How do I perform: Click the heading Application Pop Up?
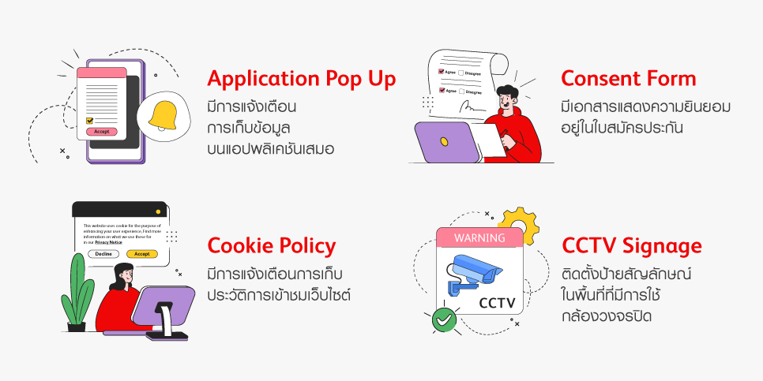pyautogui.click(x=301, y=79)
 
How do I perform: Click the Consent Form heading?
pyautogui.click(x=629, y=79)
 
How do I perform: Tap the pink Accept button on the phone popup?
pyautogui.click(x=101, y=132)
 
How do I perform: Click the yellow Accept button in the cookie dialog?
pyautogui.click(x=142, y=254)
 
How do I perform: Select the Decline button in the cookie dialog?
pyautogui.click(x=103, y=254)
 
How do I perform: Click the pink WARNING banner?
pyautogui.click(x=479, y=237)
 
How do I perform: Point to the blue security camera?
pyautogui.click(x=473, y=273)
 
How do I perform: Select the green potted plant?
pyautogui.click(x=77, y=288)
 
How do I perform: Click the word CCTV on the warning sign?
pyautogui.click(x=497, y=302)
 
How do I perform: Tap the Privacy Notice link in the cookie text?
pyautogui.click(x=108, y=242)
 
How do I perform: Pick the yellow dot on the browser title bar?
pyautogui.click(x=159, y=211)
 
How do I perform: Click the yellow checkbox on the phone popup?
pyautogui.click(x=89, y=121)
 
